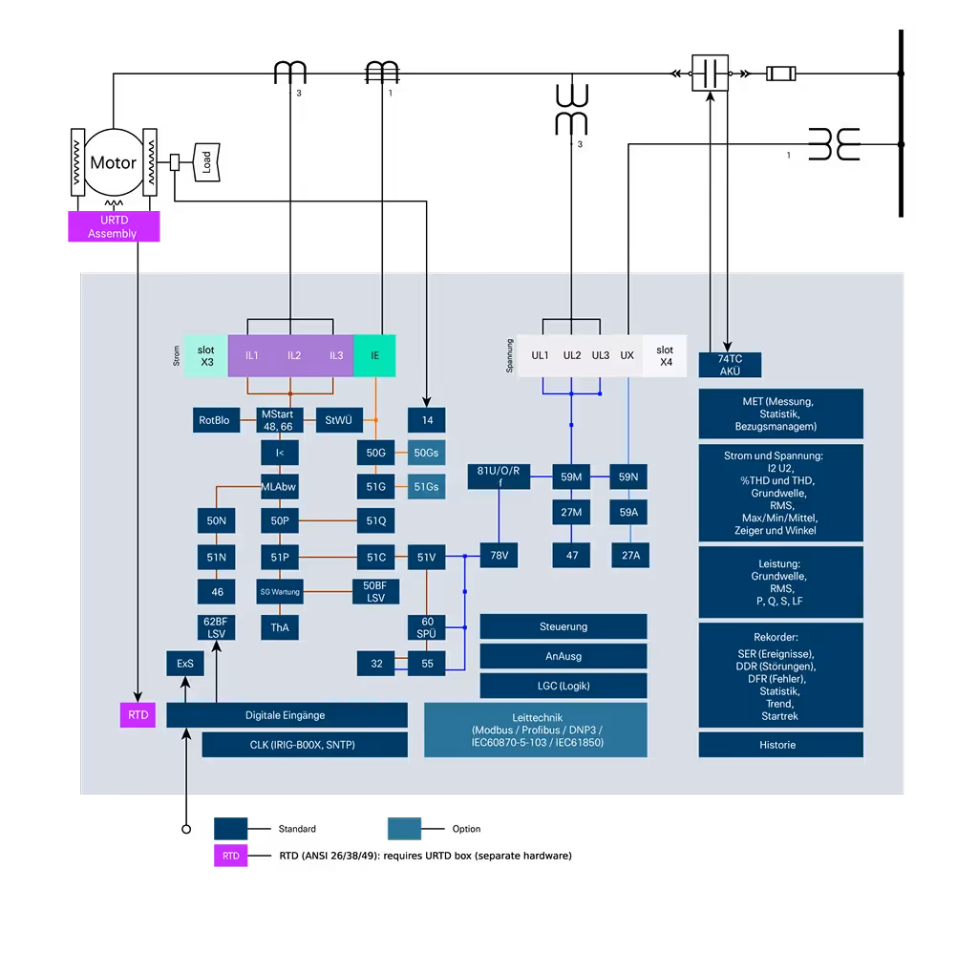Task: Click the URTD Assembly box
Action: [112, 227]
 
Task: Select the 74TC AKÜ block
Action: [730, 365]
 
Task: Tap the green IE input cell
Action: [374, 355]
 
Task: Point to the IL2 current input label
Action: [294, 355]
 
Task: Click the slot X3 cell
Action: [206, 355]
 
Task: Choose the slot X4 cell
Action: [665, 356]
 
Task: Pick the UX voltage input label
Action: [627, 355]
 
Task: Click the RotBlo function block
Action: [214, 420]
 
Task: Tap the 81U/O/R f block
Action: [500, 476]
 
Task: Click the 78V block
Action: [499, 555]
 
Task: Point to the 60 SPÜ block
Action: [427, 627]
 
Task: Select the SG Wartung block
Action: [280, 592]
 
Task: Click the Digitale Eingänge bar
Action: [287, 715]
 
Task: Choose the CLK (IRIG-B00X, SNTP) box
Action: [305, 745]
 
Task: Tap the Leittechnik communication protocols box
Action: [536, 730]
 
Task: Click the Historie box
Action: [780, 745]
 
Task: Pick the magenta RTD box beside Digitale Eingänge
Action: [138, 714]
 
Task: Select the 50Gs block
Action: [426, 453]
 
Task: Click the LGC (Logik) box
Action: [563, 686]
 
